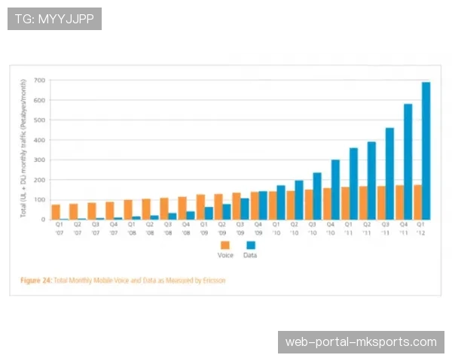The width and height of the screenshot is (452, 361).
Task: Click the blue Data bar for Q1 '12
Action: pyautogui.click(x=426, y=150)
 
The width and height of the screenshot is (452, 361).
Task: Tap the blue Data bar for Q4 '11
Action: pyautogui.click(x=408, y=162)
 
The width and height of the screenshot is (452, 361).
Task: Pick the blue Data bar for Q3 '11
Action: pyautogui.click(x=389, y=174)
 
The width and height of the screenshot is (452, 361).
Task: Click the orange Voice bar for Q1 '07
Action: pyautogui.click(x=56, y=211)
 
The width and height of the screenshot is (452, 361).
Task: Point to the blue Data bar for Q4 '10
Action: pyautogui.click(x=335, y=189)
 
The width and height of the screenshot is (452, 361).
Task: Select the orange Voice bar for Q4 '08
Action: pyautogui.click(x=182, y=208)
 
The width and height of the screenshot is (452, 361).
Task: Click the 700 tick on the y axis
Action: pyautogui.click(x=40, y=80)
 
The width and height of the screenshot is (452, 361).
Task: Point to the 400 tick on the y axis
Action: pyautogui.click(x=40, y=140)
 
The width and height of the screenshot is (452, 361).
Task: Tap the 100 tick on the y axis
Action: pyautogui.click(x=40, y=199)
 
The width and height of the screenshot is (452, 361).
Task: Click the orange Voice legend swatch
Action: pyautogui.click(x=224, y=246)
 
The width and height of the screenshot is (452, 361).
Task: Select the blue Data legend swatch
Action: pyautogui.click(x=251, y=246)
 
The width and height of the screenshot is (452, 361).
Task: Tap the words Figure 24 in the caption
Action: pyautogui.click(x=35, y=281)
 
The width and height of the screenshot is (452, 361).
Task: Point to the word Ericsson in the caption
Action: pyautogui.click(x=213, y=281)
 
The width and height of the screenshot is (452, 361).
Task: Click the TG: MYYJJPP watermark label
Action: pyautogui.click(x=54, y=19)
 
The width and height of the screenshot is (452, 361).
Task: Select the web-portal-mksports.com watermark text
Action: pyautogui.click(x=361, y=342)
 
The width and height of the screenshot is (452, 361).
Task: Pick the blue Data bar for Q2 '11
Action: pyautogui.click(x=371, y=180)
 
